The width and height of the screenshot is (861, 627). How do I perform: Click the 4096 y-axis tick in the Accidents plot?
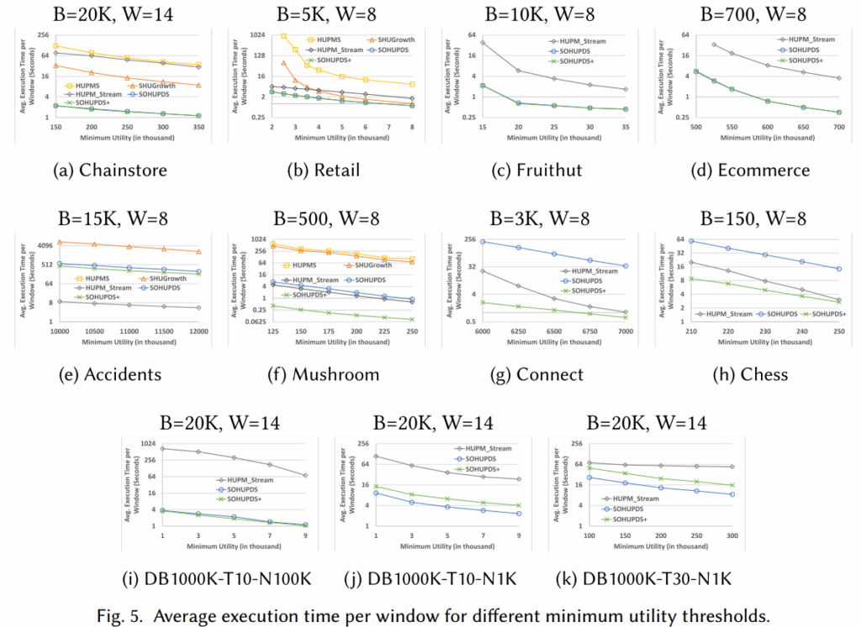(x=44, y=245)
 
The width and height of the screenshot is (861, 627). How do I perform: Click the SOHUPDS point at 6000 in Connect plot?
(x=483, y=242)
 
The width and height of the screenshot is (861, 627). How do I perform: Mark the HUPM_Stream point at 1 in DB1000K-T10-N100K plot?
(x=163, y=448)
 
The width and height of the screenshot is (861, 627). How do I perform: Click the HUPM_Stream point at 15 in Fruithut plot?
(x=483, y=42)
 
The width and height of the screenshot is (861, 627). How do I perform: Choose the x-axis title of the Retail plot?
(x=341, y=137)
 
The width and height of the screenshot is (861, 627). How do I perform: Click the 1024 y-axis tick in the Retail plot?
(x=256, y=34)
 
